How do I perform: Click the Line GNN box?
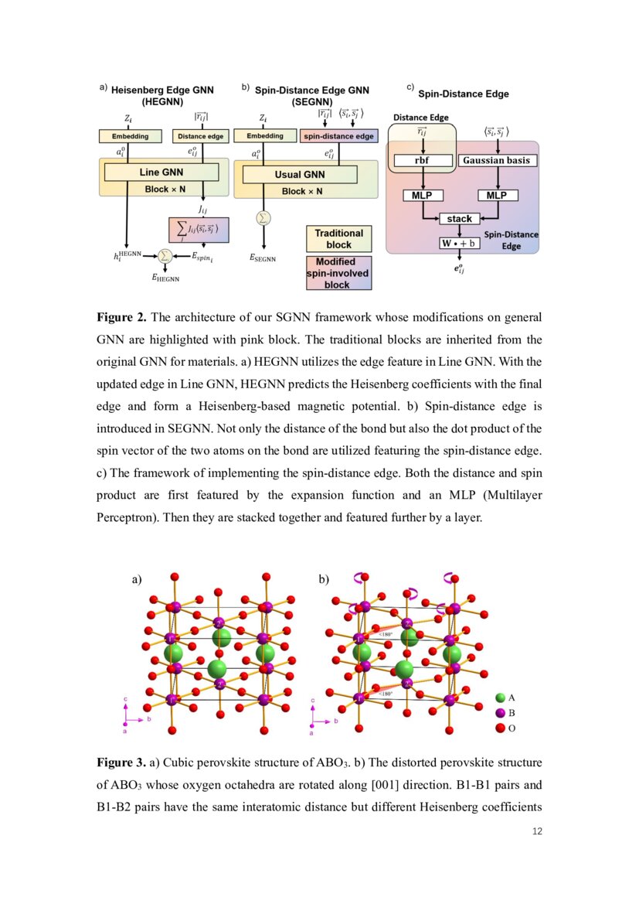point(161,172)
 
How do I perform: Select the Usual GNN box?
point(299,175)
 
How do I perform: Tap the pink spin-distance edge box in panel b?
point(338,136)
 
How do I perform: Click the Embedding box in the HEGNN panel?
point(129,136)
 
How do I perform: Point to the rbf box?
point(422,161)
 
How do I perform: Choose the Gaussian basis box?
point(498,161)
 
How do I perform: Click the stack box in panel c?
point(459,219)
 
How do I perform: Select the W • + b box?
point(459,243)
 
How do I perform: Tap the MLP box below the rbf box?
point(422,196)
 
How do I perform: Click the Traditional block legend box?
point(338,238)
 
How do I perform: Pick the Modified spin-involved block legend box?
point(338,273)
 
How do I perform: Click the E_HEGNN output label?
point(165,278)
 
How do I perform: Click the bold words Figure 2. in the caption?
point(121,317)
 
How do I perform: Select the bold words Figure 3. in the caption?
point(121,762)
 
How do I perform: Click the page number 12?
point(538,831)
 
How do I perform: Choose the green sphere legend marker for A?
point(500,698)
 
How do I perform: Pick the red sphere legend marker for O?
point(500,728)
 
